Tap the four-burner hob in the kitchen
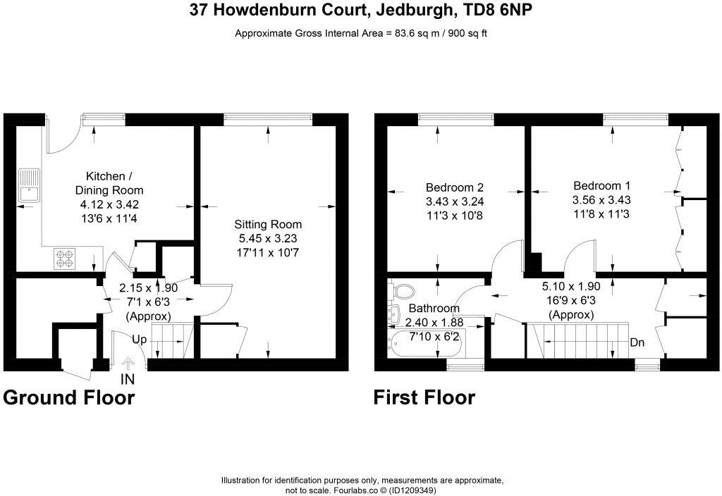click(64, 259)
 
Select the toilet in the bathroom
click(402, 290)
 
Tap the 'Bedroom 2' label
click(454, 187)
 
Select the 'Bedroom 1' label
click(601, 186)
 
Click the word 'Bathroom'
click(434, 308)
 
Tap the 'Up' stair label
click(140, 340)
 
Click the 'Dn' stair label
click(637, 343)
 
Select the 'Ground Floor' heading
click(68, 397)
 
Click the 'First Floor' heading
click(424, 397)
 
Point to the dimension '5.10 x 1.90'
click(570, 287)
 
